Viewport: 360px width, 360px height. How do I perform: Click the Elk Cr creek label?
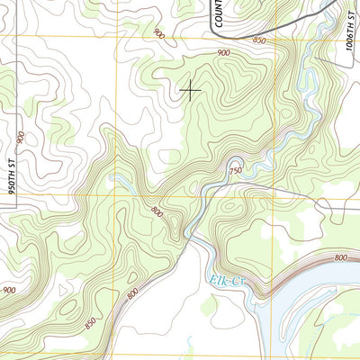228,281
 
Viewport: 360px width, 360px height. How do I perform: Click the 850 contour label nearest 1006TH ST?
260,40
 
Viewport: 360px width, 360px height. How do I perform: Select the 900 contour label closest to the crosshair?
223,54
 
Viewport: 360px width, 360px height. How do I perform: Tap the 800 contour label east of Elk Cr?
339,258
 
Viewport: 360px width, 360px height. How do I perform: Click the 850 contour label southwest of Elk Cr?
89,321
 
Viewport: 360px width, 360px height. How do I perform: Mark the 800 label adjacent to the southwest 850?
132,293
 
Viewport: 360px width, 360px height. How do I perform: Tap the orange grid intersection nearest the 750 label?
274,193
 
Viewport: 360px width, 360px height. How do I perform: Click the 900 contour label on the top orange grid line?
159,34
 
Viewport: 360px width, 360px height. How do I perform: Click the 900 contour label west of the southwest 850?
8,289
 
